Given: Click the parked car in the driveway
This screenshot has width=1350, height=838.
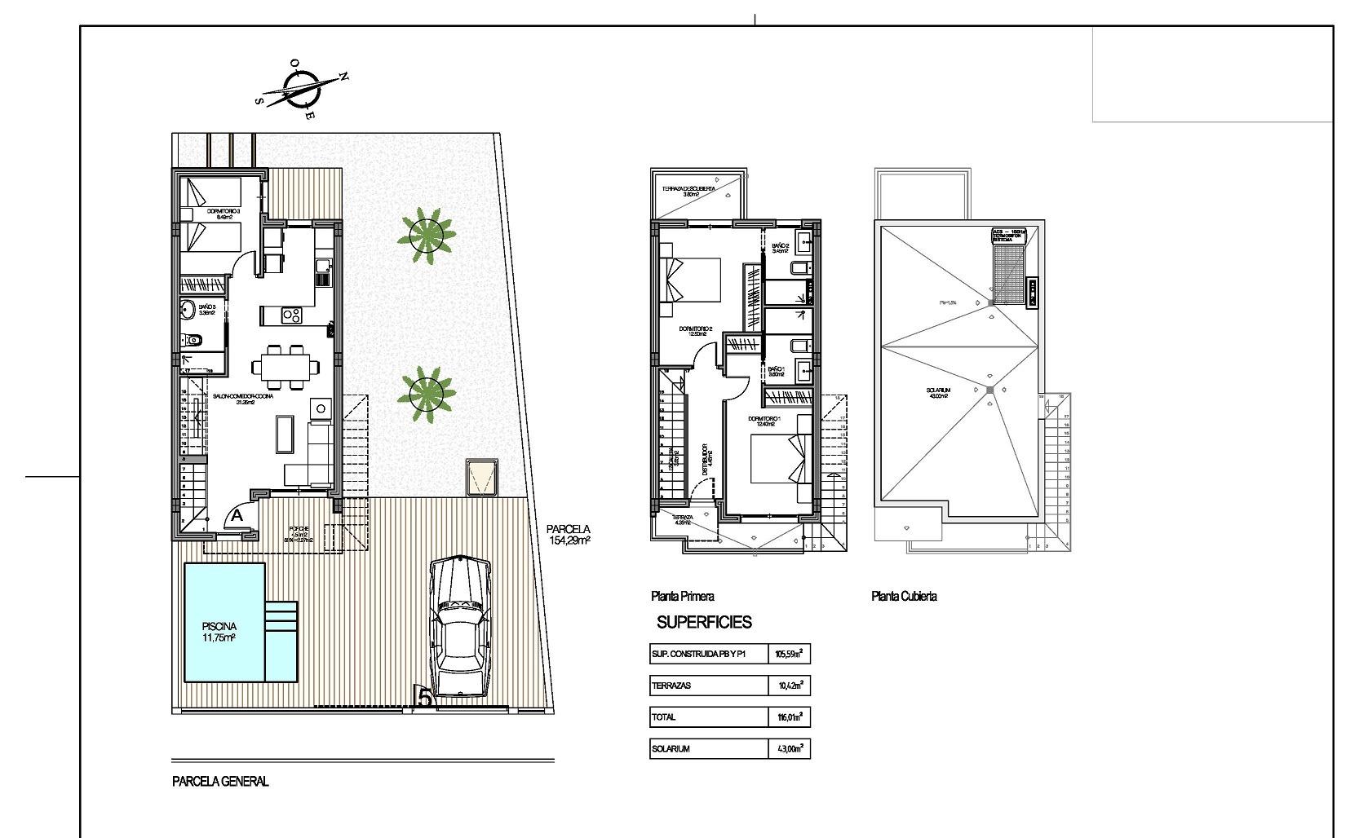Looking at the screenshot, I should tap(461, 626).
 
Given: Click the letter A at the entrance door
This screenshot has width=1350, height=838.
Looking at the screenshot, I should tap(237, 516).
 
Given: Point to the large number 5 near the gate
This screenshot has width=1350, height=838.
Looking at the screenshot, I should tap(424, 697).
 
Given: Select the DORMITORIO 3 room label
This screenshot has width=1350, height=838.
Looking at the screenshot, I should tap(223, 212).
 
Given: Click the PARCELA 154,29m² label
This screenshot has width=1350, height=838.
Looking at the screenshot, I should tap(568, 534).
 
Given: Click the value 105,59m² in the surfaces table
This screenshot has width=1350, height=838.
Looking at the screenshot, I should tap(789, 655).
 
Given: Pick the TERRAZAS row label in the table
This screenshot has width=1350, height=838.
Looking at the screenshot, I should tap(671, 686).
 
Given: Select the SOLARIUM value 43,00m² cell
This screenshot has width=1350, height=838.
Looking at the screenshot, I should tap(789, 749).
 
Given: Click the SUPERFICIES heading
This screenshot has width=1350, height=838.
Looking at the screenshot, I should tap(704, 623).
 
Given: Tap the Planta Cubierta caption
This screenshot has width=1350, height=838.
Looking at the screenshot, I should tap(904, 597).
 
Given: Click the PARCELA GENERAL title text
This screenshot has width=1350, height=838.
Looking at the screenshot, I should tap(220, 782).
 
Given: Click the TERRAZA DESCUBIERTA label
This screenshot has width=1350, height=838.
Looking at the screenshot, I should tap(689, 188).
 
